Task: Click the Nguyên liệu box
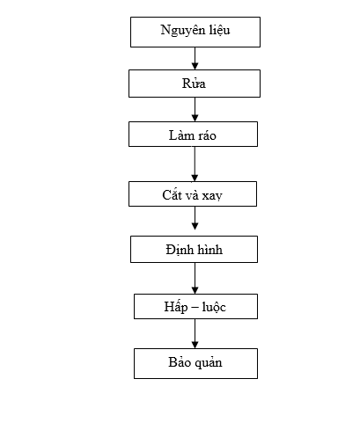pos(195,32)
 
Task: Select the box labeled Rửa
pos(195,84)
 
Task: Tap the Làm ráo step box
pos(193,135)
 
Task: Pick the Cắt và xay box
pos(193,193)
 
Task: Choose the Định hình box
pos(194,249)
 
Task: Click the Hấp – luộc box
pos(195,306)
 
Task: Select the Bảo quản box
pos(195,363)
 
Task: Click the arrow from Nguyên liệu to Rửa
pos(195,58)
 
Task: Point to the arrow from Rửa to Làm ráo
pos(195,109)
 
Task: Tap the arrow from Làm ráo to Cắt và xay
pos(195,164)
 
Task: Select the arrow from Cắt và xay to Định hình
pos(195,218)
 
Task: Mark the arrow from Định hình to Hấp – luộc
pos(195,278)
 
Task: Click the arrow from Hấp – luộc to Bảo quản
pos(195,333)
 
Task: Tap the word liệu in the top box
pos(220,31)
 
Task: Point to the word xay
pos(212,196)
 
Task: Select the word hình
pos(209,250)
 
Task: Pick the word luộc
pos(214,307)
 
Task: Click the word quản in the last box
pos(209,363)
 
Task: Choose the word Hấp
pos(176,306)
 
